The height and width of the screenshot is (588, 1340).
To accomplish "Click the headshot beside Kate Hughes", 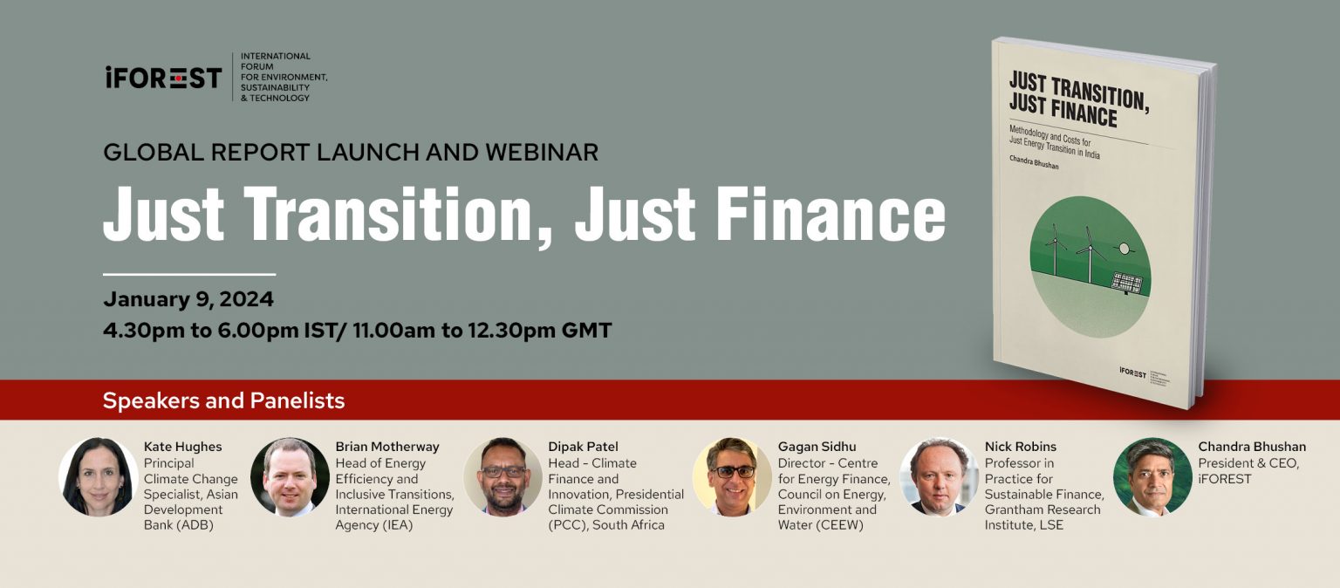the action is pyautogui.click(x=98, y=476).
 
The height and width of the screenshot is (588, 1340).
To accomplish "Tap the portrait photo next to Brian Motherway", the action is pyautogui.click(x=290, y=476).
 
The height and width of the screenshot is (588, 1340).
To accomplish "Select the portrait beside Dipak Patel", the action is pyautogui.click(x=503, y=476).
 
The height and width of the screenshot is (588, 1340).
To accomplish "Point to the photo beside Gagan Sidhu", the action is pyautogui.click(x=732, y=476).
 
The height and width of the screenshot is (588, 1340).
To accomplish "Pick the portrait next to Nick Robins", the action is pyautogui.click(x=940, y=476).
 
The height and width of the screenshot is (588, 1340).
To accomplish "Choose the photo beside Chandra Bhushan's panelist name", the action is pyautogui.click(x=1152, y=476).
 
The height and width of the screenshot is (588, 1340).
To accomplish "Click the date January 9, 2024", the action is pyautogui.click(x=188, y=299).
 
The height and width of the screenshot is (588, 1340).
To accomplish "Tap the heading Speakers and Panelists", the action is pyautogui.click(x=223, y=400).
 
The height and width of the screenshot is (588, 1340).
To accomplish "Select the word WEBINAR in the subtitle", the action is pyautogui.click(x=542, y=152).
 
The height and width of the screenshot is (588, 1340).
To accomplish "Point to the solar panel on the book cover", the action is pyautogui.click(x=1127, y=283).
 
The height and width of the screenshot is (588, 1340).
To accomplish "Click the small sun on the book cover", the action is pyautogui.click(x=1124, y=249).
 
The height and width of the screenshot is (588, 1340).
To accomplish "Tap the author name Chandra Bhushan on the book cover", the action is pyautogui.click(x=1034, y=162).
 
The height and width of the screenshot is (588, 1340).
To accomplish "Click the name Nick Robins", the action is pyautogui.click(x=1021, y=446).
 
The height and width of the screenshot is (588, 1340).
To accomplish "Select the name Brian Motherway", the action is pyautogui.click(x=387, y=446).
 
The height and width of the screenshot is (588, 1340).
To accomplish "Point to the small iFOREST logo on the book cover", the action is pyautogui.click(x=1133, y=372).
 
